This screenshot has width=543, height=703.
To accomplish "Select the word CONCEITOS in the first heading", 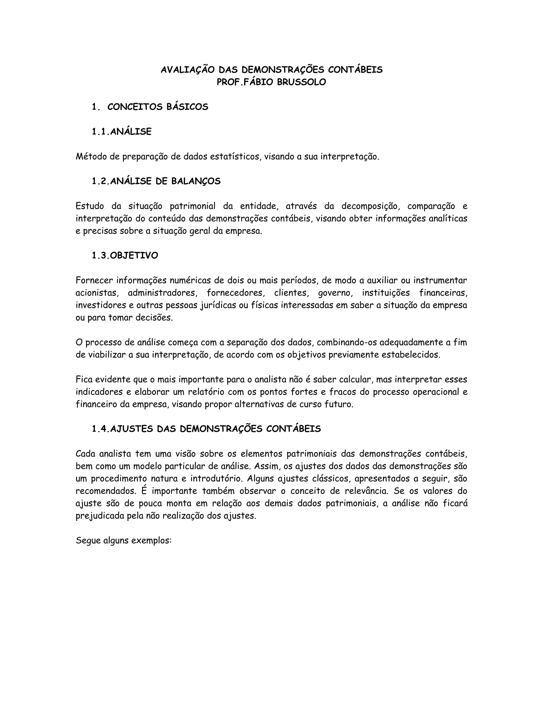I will [x=135, y=107].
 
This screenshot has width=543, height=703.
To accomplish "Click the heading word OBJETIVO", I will [x=134, y=255].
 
